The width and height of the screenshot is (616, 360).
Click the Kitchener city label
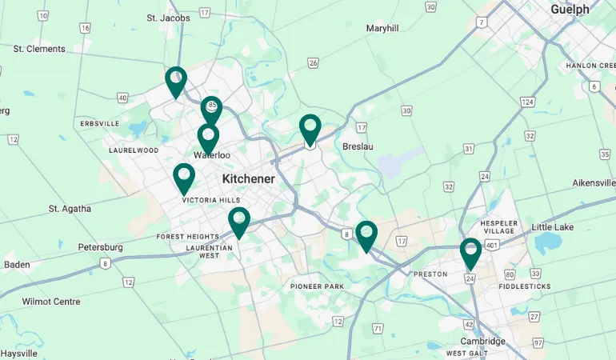click(248, 179)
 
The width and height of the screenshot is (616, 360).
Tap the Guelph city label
click(570, 10)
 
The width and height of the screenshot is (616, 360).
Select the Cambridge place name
click(482, 342)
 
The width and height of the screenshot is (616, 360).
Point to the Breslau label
click(358, 147)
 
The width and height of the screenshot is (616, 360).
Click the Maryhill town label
click(382, 28)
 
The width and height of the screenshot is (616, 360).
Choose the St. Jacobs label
click(169, 18)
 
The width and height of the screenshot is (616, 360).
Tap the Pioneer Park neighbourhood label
click(317, 286)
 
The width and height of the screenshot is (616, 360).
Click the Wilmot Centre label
click(51, 302)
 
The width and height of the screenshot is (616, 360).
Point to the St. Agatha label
click(70, 209)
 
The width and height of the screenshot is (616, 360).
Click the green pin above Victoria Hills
click(184, 177)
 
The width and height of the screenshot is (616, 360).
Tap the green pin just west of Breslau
click(310, 129)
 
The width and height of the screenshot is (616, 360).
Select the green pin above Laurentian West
click(238, 221)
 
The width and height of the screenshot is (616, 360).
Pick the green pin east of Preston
click(470, 252)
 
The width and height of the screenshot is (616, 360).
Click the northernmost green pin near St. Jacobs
click(176, 80)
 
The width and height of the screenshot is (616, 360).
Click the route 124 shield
click(526, 102)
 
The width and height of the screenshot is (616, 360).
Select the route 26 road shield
click(313, 63)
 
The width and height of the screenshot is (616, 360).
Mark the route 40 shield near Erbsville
click(122, 98)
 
